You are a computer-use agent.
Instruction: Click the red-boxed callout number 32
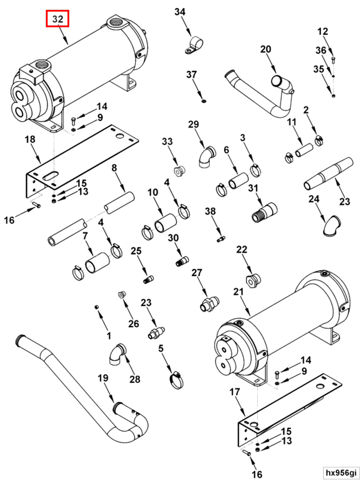pos(57,19)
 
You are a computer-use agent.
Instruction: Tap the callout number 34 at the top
pos(180,12)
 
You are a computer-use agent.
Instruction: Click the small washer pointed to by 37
pos(203,100)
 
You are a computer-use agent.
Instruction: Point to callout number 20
pos(265,49)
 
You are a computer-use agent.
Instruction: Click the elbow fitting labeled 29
pos(206,158)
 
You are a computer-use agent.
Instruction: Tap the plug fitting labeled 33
pos(179,170)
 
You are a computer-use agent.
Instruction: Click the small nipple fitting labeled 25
pos(148,279)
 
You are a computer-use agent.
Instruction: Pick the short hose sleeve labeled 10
pos(164,223)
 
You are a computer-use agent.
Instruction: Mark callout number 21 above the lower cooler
pos(238,292)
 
